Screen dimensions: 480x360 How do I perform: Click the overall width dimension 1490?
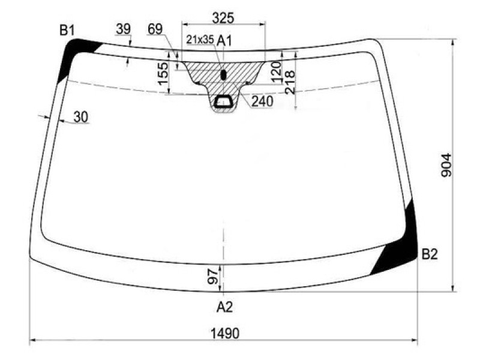[225, 333]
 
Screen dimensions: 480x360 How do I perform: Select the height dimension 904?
[446, 166]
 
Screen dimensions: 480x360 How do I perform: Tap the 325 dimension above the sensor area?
[223, 18]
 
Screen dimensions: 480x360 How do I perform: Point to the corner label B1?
[67, 31]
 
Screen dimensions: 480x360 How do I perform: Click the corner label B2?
[430, 254]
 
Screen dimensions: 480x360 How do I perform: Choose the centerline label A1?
[224, 41]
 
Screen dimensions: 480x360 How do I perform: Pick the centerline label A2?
[224, 307]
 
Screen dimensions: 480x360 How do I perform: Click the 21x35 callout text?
[200, 40]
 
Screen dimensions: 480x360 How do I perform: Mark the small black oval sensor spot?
[223, 74]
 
